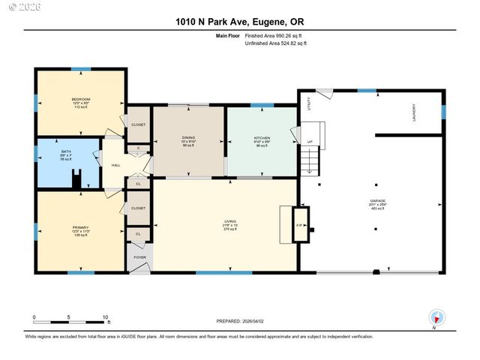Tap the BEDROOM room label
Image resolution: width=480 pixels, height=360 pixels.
[81, 100]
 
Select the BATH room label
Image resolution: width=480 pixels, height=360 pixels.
[67, 152]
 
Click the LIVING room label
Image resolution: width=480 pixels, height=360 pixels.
[229, 221]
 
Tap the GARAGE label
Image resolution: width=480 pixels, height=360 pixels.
[377, 201]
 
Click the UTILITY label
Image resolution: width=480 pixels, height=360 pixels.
[309, 104]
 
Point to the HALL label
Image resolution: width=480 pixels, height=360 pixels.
[116, 165]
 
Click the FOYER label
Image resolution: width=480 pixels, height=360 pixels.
[139, 257]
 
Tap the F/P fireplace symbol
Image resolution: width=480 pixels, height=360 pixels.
[299, 224]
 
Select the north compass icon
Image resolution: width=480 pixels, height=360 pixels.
[435, 317]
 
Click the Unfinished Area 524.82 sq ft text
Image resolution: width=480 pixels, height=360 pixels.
[277, 43]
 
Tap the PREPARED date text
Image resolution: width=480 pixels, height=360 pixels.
[240, 321]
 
